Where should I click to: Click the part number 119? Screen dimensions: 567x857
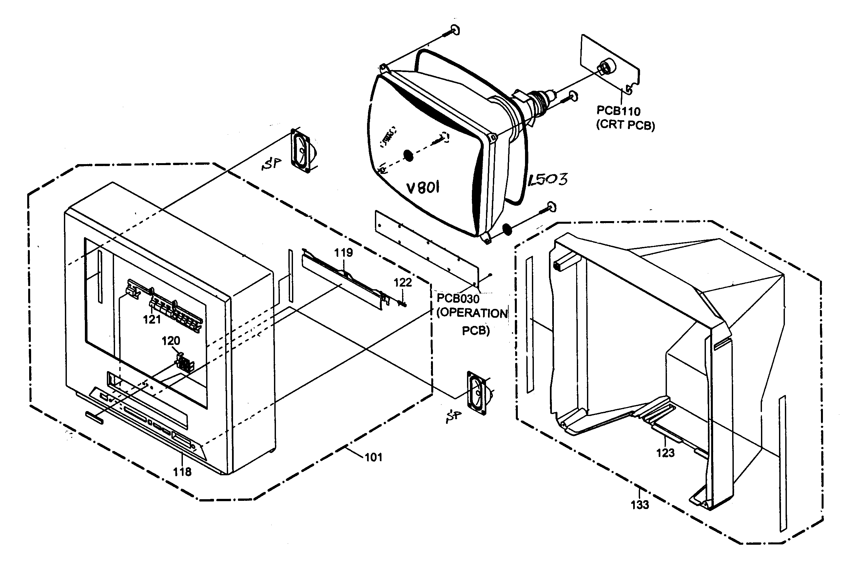click(x=343, y=253)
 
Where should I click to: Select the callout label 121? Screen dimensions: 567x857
click(x=152, y=319)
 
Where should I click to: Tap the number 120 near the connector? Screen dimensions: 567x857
click(x=170, y=341)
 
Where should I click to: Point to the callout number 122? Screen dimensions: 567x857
click(x=403, y=282)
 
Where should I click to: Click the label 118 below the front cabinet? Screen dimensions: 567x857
click(x=182, y=472)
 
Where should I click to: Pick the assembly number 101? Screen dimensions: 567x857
click(x=373, y=458)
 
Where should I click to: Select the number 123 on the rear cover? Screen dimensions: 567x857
click(x=665, y=453)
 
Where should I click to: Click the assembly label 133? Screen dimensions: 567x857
click(x=640, y=504)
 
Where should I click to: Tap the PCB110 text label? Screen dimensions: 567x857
click(x=618, y=111)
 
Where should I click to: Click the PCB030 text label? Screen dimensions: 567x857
click(x=458, y=298)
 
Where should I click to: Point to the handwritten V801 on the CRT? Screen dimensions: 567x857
click(x=423, y=188)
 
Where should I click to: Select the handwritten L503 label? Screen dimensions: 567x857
click(x=547, y=180)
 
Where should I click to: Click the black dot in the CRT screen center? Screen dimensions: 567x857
click(x=408, y=156)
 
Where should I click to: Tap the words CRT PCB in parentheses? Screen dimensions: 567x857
click(x=626, y=125)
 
